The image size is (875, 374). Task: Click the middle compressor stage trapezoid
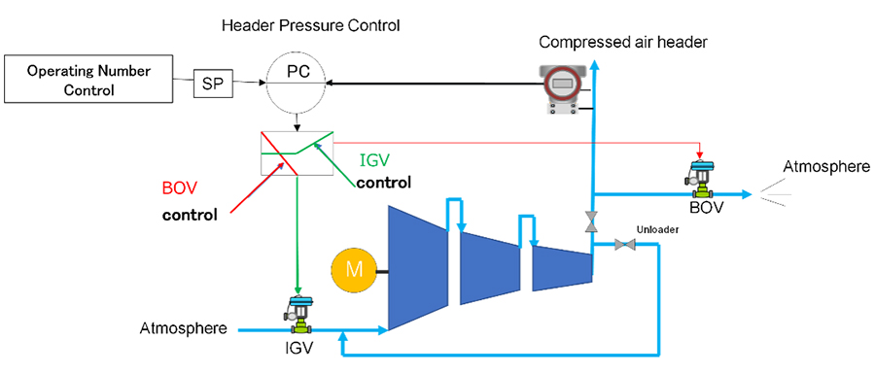(x=490, y=262)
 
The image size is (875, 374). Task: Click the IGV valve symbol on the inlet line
(x=299, y=313)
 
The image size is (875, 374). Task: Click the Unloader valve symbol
(x=624, y=244)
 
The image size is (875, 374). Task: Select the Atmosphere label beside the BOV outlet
(x=825, y=167)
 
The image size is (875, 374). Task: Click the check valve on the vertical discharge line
(x=590, y=221)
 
